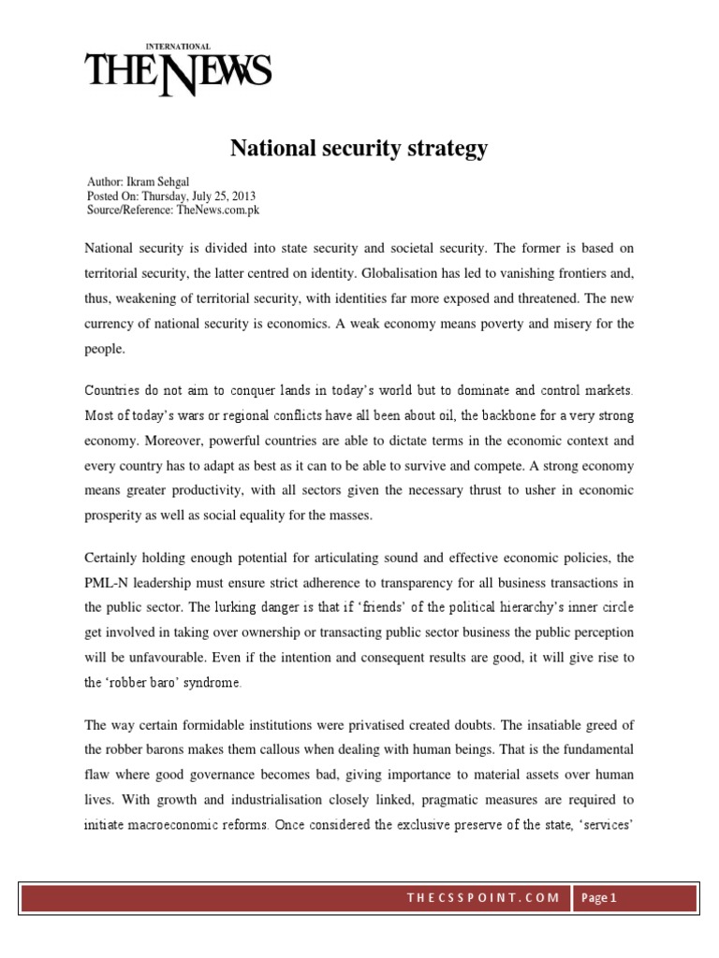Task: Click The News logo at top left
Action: pos(178,72)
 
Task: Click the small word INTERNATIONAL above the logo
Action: pos(178,46)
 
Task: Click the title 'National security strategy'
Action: pos(359,148)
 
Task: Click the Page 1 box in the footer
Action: pos(600,899)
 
